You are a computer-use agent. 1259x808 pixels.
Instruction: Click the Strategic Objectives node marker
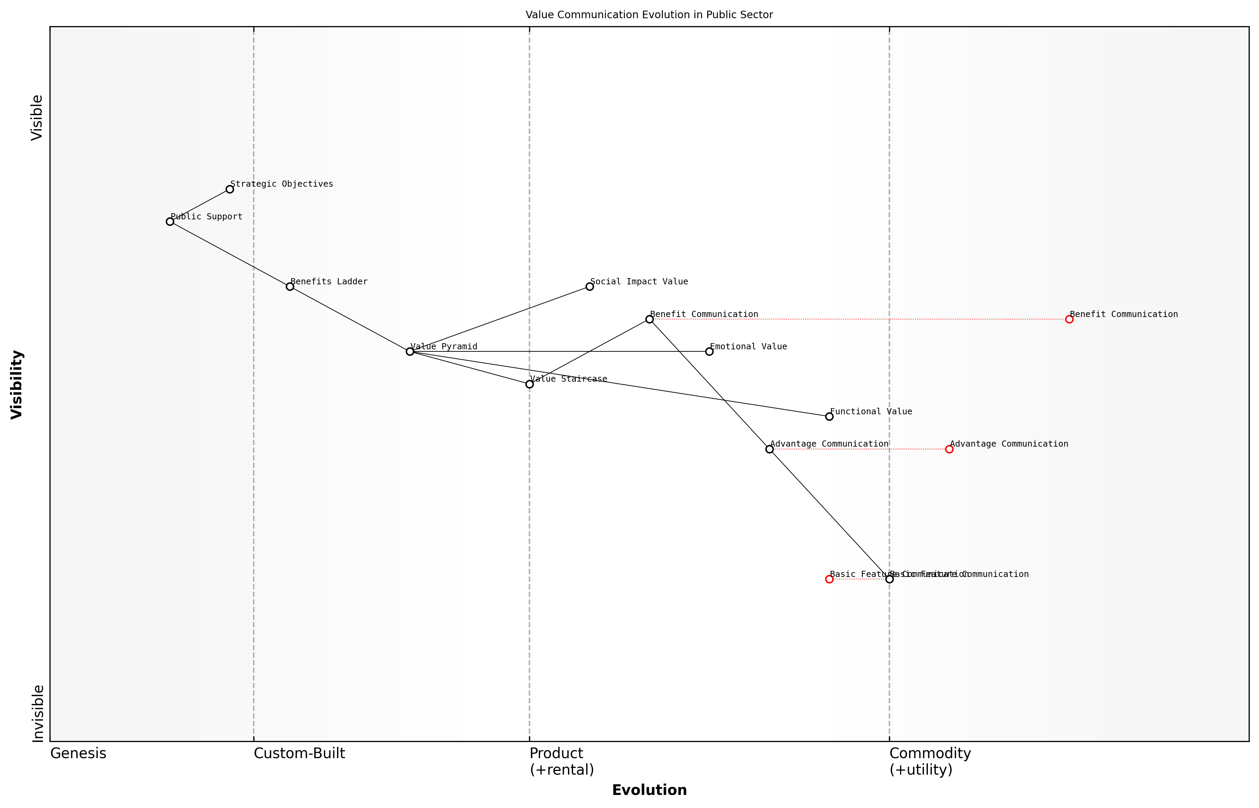pos(230,189)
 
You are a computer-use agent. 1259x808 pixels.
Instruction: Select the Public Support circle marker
pos(170,222)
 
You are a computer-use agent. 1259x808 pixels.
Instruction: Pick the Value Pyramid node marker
pos(410,351)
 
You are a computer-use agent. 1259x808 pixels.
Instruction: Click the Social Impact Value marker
pos(590,286)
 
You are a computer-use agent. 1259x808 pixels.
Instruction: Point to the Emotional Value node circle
pos(709,351)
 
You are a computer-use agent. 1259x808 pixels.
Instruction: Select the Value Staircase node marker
pos(530,384)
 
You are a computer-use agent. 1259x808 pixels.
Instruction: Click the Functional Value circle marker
pos(829,417)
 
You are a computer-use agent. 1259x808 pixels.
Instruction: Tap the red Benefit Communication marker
pos(1069,319)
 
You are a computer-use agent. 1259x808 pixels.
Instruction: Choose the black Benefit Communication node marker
pos(649,319)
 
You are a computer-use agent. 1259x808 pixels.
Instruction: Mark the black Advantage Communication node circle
pos(769,449)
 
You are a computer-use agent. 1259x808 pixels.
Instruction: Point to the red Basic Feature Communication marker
pos(829,579)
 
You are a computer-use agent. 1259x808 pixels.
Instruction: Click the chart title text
pos(649,15)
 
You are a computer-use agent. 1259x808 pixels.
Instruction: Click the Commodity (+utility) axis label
pos(930,761)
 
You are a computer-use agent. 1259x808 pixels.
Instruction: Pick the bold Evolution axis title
pos(649,790)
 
